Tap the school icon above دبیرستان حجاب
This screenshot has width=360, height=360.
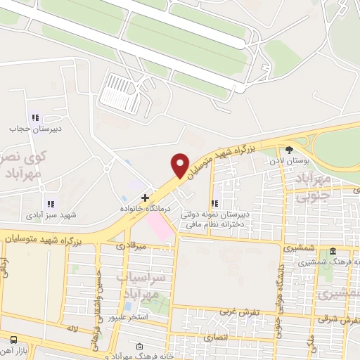[34, 117]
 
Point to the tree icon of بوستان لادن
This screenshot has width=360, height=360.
[289, 149]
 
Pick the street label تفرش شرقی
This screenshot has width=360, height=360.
[342, 320]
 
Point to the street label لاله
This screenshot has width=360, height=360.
[70, 328]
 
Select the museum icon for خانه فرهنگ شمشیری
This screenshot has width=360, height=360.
[333, 252]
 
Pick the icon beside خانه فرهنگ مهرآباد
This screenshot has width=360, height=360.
[139, 347]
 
